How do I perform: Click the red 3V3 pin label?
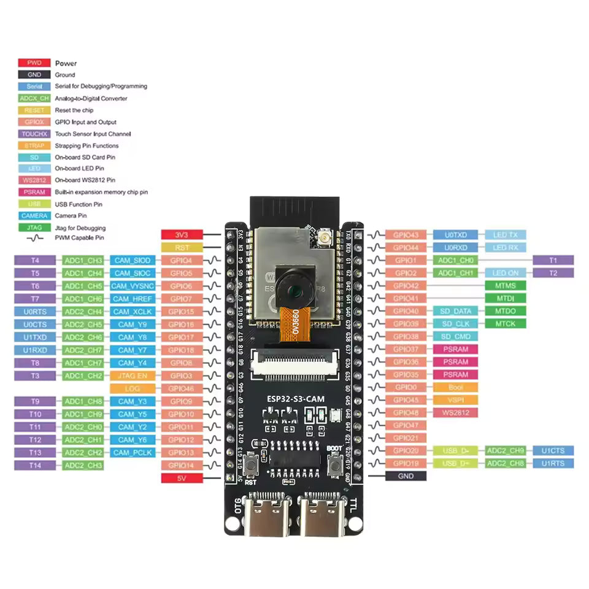[x=182, y=234]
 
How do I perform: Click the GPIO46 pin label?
[x=182, y=388]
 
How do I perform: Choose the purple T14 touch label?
[x=36, y=465]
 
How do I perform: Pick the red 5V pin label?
[x=182, y=478]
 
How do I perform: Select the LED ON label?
[x=506, y=273]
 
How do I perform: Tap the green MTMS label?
[x=506, y=286]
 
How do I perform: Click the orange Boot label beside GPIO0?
[x=455, y=388]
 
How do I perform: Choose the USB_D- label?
[x=455, y=451]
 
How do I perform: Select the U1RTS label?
[x=553, y=464]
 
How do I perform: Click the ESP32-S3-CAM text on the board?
[x=294, y=399]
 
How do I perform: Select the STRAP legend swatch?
[x=34, y=145]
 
